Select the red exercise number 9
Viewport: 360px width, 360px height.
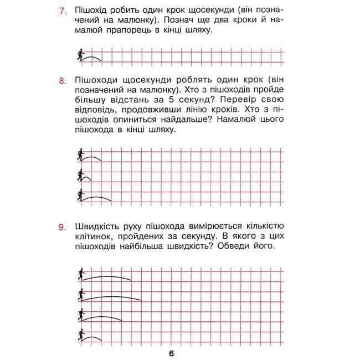[x=62, y=227]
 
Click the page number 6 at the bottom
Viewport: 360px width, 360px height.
[x=172, y=353]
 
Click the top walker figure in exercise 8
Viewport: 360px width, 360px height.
[x=80, y=156]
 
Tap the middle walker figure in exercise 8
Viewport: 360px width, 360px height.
[x=80, y=176]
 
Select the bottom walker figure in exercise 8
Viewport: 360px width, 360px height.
[x=80, y=195]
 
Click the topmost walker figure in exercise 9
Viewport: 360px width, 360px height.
[x=81, y=274]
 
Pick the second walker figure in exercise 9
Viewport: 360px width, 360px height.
[x=81, y=294]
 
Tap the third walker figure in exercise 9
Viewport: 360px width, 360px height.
[x=81, y=315]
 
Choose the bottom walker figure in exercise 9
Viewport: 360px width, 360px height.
[x=81, y=335]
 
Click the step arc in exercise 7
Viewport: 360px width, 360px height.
[x=92, y=55]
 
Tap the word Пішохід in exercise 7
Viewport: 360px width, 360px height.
[x=90, y=11]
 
